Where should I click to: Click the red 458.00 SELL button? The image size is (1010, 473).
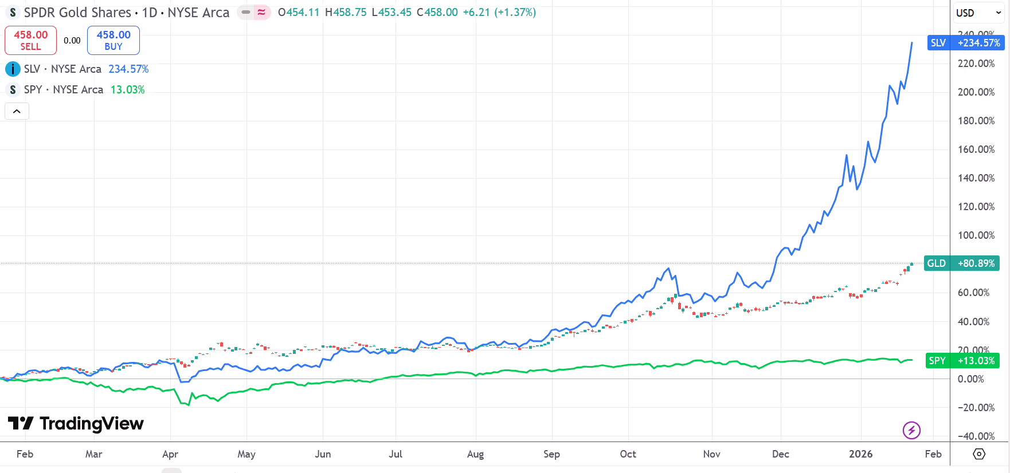point(31,40)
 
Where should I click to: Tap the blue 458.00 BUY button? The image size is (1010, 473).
point(113,40)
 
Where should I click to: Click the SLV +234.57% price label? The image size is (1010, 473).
point(966,43)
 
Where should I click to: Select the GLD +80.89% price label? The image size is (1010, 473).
point(962,263)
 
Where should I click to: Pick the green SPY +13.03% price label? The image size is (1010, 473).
point(962,361)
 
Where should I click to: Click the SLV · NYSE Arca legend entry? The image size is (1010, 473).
point(63,69)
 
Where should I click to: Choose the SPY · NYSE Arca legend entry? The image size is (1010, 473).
point(64,90)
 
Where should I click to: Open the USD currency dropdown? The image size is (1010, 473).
point(978,13)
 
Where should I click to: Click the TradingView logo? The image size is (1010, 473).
point(76,424)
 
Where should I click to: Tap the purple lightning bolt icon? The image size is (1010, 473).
point(911,429)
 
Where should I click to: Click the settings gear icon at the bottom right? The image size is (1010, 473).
point(979,454)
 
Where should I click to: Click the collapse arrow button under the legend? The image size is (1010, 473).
point(17,111)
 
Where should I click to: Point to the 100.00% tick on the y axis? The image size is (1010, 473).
point(976,235)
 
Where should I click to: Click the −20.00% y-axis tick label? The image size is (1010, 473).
point(976,408)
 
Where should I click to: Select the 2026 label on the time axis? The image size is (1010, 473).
point(860,454)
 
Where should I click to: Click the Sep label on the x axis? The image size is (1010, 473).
point(551,454)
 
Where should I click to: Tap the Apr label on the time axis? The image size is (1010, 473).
point(170,454)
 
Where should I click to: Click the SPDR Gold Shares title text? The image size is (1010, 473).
point(77,13)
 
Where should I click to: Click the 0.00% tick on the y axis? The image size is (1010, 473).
point(970,379)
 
